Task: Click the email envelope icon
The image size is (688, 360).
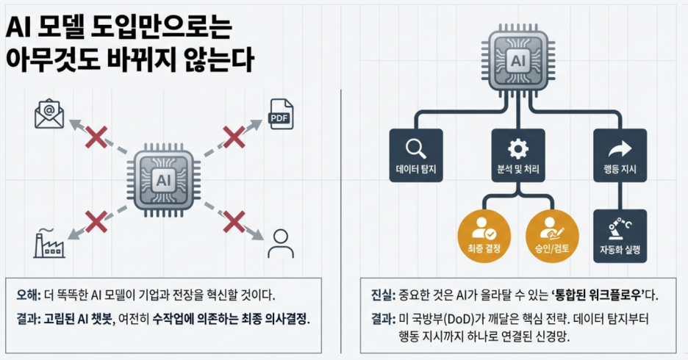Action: (49, 115)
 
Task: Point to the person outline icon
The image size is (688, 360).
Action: (280, 243)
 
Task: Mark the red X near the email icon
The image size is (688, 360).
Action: (96, 136)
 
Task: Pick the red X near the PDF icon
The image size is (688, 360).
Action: (234, 136)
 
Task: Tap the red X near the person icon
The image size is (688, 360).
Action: (234, 220)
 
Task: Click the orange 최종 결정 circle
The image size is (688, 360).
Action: (483, 234)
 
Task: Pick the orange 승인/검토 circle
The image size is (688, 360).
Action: (553, 234)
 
